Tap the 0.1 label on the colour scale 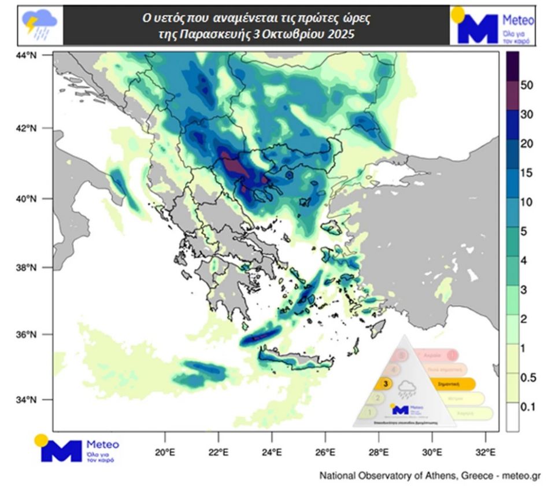527,407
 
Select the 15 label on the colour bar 526,173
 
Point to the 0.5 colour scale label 527,378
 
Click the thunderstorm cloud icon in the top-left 39,25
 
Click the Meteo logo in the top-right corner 492,25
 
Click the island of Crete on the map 295,360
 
